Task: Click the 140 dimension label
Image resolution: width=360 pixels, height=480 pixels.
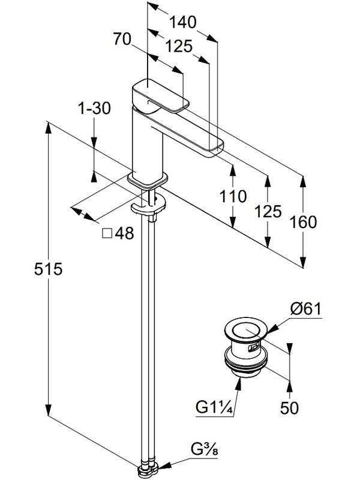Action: (x=183, y=23)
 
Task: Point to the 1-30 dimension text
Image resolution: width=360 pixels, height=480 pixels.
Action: (x=94, y=109)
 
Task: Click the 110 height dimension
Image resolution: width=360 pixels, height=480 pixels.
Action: (x=233, y=196)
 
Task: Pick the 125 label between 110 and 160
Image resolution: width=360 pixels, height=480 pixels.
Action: (x=268, y=211)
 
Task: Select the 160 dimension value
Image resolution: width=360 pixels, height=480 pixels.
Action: (x=303, y=223)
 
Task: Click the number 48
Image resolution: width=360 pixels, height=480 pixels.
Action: (x=124, y=234)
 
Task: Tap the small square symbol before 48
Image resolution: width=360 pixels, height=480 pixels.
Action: (x=107, y=234)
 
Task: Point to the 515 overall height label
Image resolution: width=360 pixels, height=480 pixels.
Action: (x=49, y=269)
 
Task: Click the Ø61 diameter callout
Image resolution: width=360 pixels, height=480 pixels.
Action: (x=306, y=310)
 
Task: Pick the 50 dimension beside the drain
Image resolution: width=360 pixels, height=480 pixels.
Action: (x=289, y=409)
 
